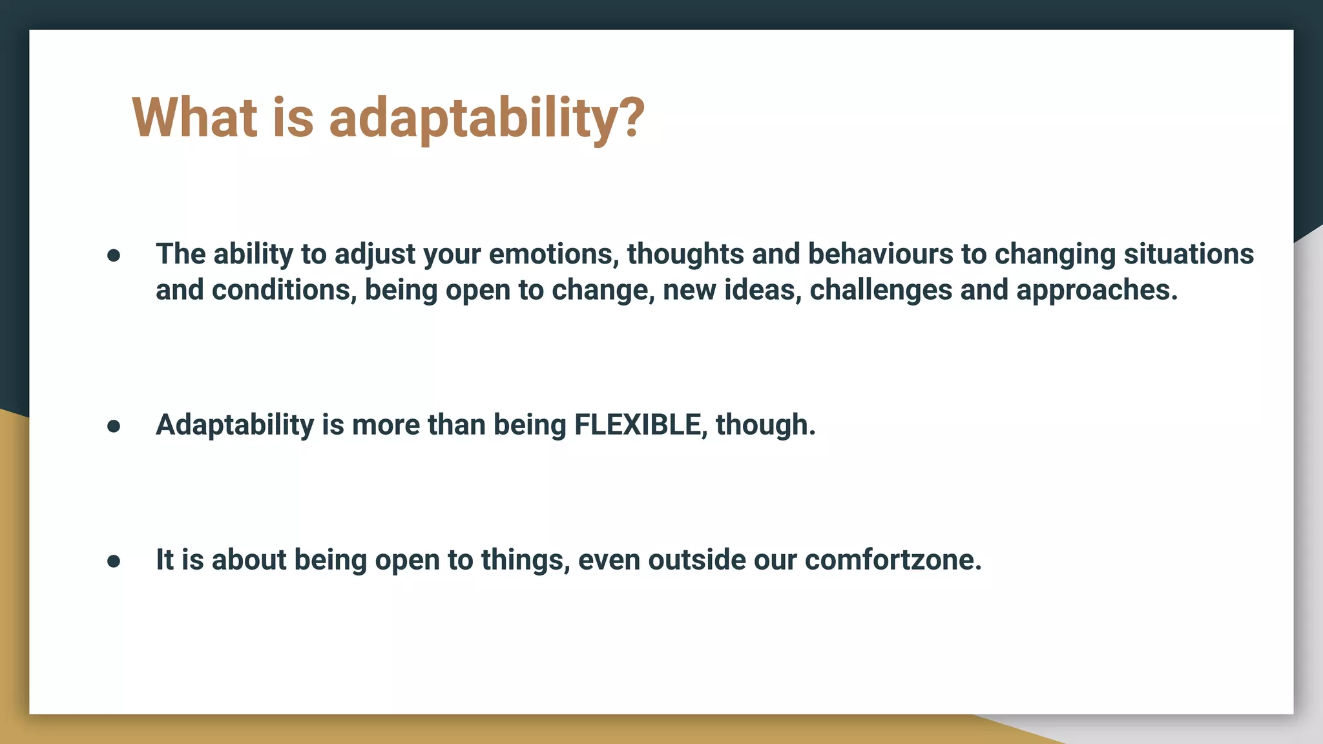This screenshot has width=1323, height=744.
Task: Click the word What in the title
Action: click(x=194, y=118)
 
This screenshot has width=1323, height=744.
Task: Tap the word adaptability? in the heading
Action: click(x=486, y=119)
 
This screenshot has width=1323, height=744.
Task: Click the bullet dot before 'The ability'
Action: click(x=114, y=256)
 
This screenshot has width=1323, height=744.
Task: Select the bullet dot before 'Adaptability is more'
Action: click(x=114, y=426)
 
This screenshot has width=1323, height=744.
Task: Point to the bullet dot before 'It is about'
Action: click(x=114, y=561)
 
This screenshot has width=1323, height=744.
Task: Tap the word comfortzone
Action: click(x=893, y=560)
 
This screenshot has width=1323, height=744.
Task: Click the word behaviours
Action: click(x=880, y=254)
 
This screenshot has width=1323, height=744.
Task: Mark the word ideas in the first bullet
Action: click(x=763, y=291)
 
